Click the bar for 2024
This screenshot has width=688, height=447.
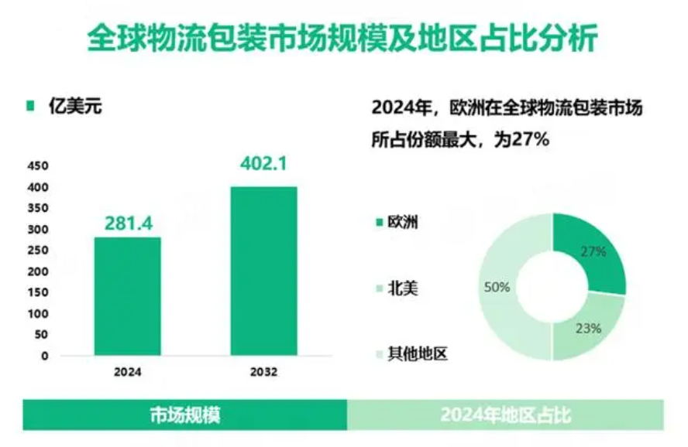[x=127, y=295]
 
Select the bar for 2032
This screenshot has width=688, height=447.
[x=263, y=271]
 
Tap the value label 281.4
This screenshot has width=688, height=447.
[x=128, y=223]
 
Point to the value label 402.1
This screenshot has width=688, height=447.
[x=264, y=165]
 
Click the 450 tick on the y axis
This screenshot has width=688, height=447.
[x=38, y=166]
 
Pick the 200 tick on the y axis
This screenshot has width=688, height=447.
[x=38, y=272]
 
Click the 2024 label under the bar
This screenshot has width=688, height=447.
[x=127, y=371]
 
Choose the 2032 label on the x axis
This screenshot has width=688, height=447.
[x=263, y=371]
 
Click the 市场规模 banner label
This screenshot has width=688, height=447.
[x=184, y=415]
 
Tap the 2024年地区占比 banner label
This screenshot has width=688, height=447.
[x=505, y=415]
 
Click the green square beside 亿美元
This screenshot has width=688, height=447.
[x=30, y=107]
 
